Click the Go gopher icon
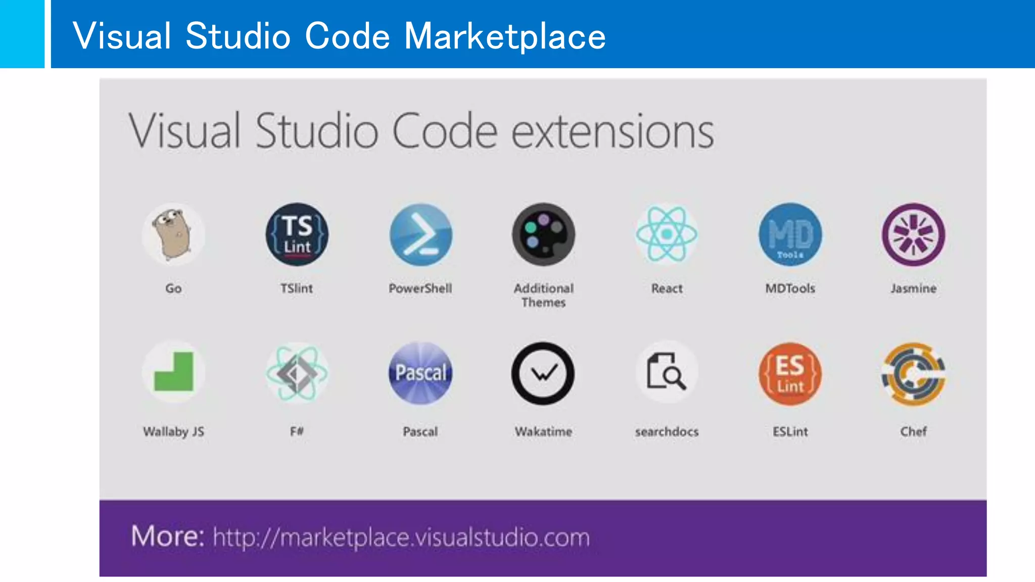pos(173,234)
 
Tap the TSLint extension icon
pos(297,234)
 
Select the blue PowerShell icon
pos(420,234)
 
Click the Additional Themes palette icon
pos(543,234)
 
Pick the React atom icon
pos(667,234)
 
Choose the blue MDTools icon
pos(790,234)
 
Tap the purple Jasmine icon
pos(913,234)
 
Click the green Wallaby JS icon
pos(173,373)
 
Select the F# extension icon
pos(297,373)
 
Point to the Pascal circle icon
pos(420,373)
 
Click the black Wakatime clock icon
pos(543,373)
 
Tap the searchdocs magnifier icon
pos(667,373)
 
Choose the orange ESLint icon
pos(790,373)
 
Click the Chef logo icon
pos(913,373)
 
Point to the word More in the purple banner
pos(167,536)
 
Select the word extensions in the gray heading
pos(613,131)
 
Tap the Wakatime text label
pos(543,431)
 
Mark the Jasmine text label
pos(913,288)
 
